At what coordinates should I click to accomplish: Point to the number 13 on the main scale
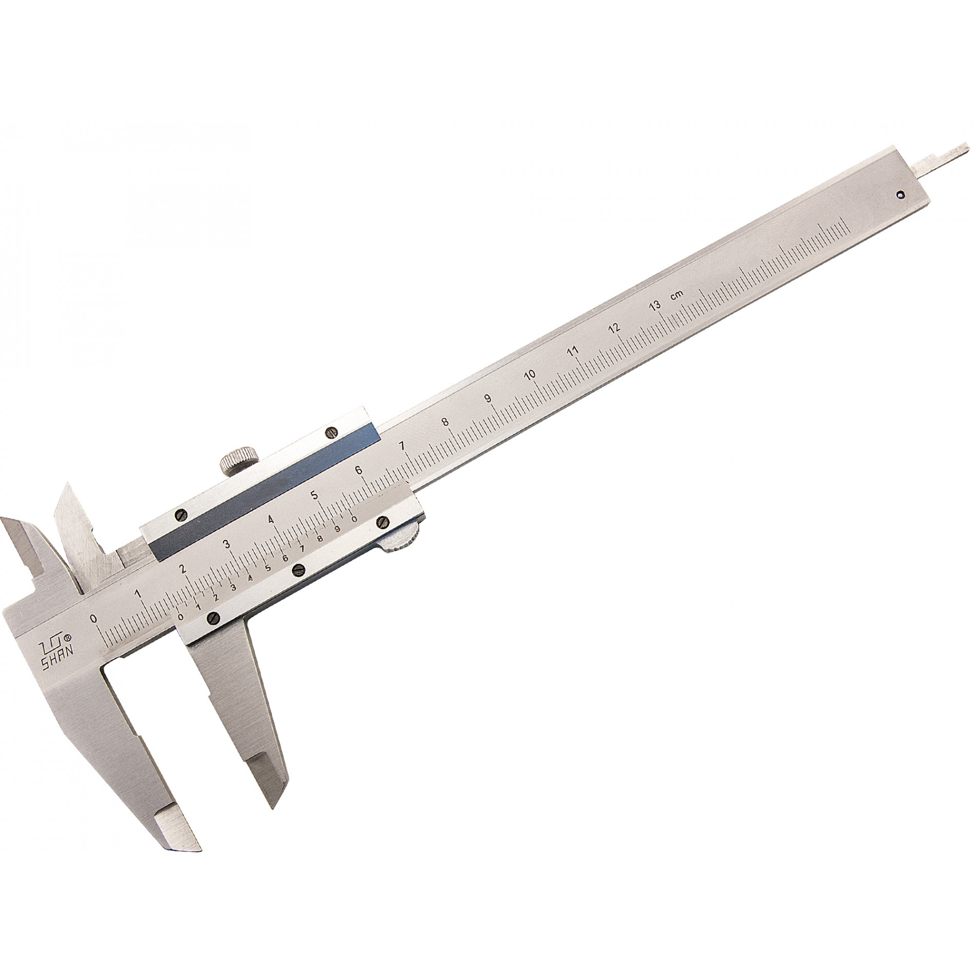tap(655, 307)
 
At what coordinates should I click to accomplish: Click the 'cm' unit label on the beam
tap(678, 295)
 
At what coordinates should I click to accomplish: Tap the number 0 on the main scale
tap(93, 618)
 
